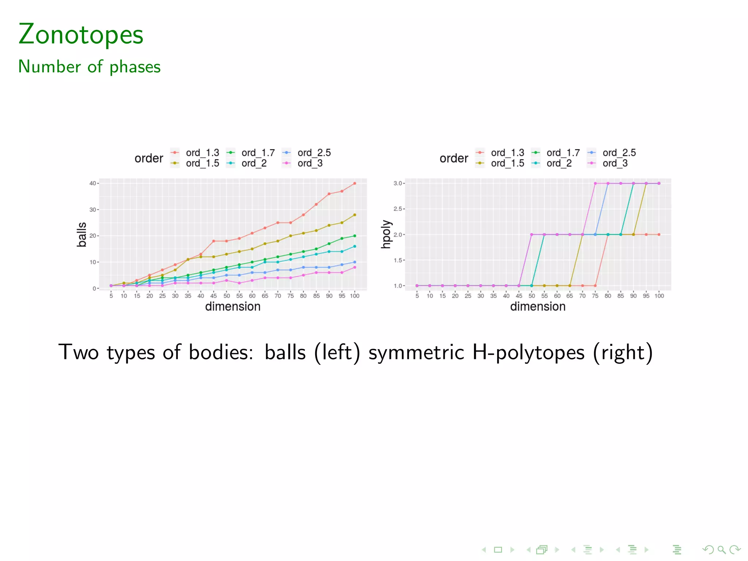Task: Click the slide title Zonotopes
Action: [x=81, y=34]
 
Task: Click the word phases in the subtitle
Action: [x=135, y=67]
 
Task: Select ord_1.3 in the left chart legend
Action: [x=202, y=153]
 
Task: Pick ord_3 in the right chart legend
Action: [x=615, y=163]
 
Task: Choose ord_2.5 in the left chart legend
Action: [x=314, y=153]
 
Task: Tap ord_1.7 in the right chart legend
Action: [x=563, y=153]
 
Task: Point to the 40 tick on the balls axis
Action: [x=93, y=183]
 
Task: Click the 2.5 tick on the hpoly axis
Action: [x=397, y=209]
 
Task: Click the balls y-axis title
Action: [x=82, y=234]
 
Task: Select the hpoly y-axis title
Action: [x=386, y=234]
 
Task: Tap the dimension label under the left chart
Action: [x=233, y=306]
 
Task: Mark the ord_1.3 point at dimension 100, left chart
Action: [x=355, y=183]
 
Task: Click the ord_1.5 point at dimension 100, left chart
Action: [x=355, y=215]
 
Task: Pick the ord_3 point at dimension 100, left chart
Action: [x=355, y=267]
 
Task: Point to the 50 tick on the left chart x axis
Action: [x=226, y=296]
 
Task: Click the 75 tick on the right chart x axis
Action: [x=595, y=296]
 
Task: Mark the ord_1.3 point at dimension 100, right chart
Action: [x=659, y=234]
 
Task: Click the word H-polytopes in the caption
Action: [x=528, y=353]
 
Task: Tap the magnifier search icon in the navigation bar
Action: [x=721, y=550]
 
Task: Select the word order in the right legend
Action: [x=454, y=158]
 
